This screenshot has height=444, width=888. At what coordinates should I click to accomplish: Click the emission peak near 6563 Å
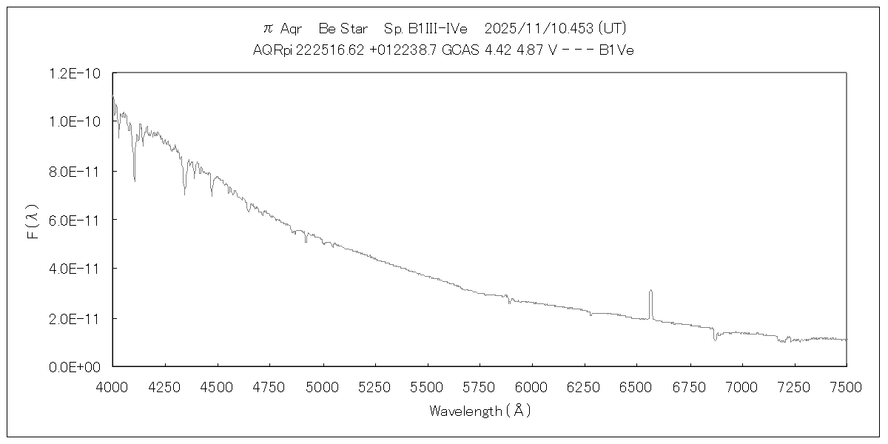650,291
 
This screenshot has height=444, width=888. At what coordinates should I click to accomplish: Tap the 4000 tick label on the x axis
112,386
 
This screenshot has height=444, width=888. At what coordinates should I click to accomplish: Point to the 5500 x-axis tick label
427,386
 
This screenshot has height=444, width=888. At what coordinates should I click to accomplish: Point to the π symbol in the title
269,29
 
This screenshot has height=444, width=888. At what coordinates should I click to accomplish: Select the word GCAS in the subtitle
460,50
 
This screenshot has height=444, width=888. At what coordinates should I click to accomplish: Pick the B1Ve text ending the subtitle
616,50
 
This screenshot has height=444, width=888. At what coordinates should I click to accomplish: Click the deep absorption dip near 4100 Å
134,178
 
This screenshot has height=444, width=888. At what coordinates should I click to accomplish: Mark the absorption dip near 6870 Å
715,338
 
